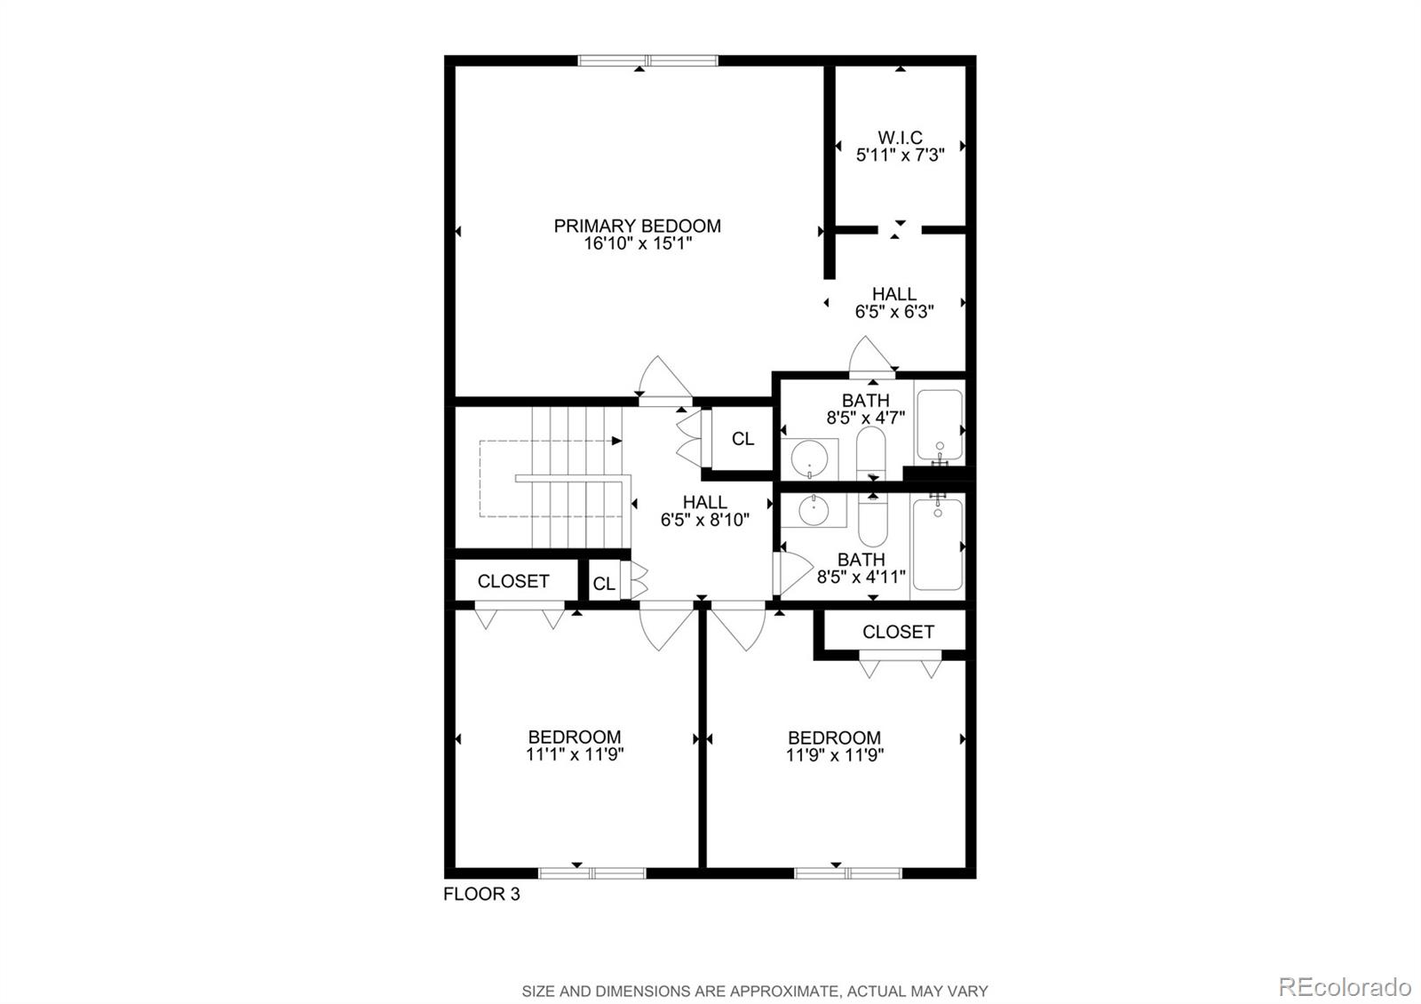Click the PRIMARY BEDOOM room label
(x=637, y=226)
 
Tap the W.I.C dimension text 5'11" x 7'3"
(x=900, y=155)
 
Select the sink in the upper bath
(x=810, y=458)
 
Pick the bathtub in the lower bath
(x=938, y=544)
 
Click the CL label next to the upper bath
(x=742, y=439)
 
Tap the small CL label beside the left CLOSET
(x=604, y=584)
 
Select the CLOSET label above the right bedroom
(x=898, y=632)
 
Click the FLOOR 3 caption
(x=481, y=895)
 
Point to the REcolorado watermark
(x=1344, y=987)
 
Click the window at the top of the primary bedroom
(x=647, y=61)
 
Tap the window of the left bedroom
(x=592, y=873)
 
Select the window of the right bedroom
(x=848, y=873)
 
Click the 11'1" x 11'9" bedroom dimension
(x=575, y=755)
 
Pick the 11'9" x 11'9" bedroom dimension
(x=834, y=756)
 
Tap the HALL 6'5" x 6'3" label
(x=893, y=302)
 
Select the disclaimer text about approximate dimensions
(x=754, y=991)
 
